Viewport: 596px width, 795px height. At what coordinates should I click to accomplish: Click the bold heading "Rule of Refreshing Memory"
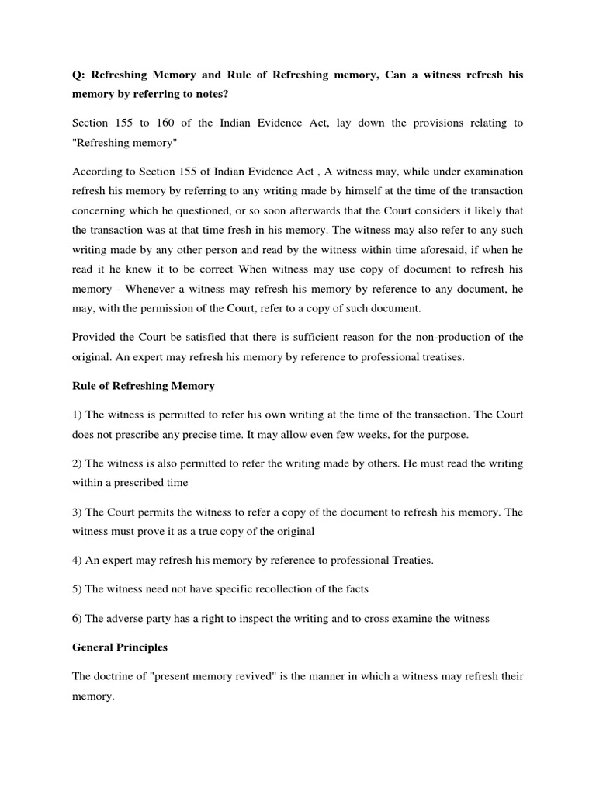click(143, 386)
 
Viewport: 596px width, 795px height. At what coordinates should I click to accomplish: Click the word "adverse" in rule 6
click(128, 618)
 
